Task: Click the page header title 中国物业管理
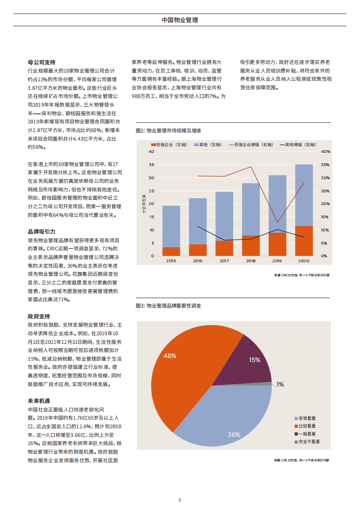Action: pos(180,20)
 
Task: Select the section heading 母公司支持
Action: pos(41,62)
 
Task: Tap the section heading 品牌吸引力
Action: pos(41,231)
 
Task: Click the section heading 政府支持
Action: pos(39,316)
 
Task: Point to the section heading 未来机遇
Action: pos(39,401)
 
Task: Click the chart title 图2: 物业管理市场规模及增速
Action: pos(168,130)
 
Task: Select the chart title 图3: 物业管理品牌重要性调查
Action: pos(168,306)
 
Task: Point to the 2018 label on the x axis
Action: pos(251,261)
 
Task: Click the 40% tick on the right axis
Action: pos(325,152)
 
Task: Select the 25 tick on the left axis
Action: pos(152,191)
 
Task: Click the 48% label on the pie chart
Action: pos(170,356)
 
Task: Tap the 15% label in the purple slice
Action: pos(255,360)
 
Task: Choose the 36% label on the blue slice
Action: pos(234,435)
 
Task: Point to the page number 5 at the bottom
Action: pos(180,500)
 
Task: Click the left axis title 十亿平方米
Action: pos(144,204)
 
